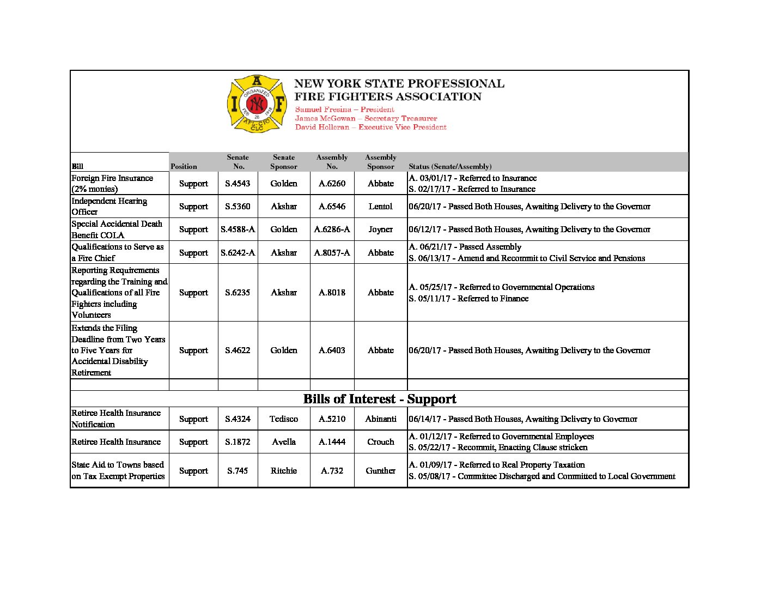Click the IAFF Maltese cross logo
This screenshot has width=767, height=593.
[x=257, y=104]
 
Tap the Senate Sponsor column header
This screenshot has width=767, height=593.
[x=284, y=162]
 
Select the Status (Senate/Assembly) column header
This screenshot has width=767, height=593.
[x=450, y=167]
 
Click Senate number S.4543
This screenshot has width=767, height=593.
[x=238, y=184]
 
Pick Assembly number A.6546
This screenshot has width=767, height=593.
[x=332, y=207]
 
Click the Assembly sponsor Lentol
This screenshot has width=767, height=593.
[x=380, y=207]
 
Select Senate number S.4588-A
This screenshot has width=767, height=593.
[x=238, y=229]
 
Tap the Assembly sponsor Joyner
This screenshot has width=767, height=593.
[x=380, y=229]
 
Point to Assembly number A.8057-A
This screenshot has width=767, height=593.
[x=332, y=253]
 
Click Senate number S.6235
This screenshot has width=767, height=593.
[x=238, y=293]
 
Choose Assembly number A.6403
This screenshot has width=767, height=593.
[x=332, y=350]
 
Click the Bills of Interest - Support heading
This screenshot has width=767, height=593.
[x=380, y=399]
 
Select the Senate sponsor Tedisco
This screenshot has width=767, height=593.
[x=284, y=419]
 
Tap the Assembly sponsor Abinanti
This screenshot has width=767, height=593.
[x=380, y=419]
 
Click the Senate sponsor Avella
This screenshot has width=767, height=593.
[x=284, y=442]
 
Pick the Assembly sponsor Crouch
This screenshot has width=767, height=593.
[x=380, y=442]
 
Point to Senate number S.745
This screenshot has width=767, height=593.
[x=238, y=471]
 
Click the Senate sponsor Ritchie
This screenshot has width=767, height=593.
[x=284, y=471]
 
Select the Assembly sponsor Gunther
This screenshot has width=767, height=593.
[x=380, y=471]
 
